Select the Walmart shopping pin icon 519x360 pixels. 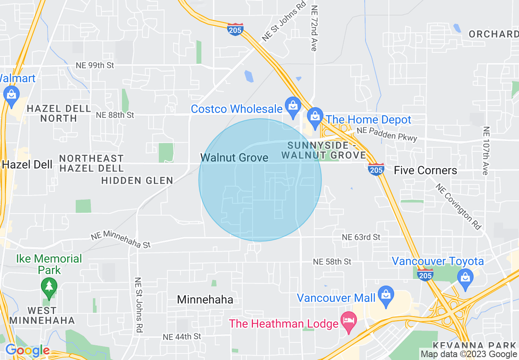click(11, 94)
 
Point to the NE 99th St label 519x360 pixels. click(95, 65)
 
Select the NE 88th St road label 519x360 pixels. click(115, 115)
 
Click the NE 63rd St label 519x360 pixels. click(361, 237)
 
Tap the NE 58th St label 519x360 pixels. click(332, 261)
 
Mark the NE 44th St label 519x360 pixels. click(182, 337)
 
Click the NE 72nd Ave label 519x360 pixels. click(314, 28)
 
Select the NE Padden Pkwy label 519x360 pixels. click(387, 134)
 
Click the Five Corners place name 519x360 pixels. click(425, 170)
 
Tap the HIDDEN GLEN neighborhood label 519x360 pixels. click(137, 180)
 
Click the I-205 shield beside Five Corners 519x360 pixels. click(376, 169)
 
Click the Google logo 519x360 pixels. click(27, 351)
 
